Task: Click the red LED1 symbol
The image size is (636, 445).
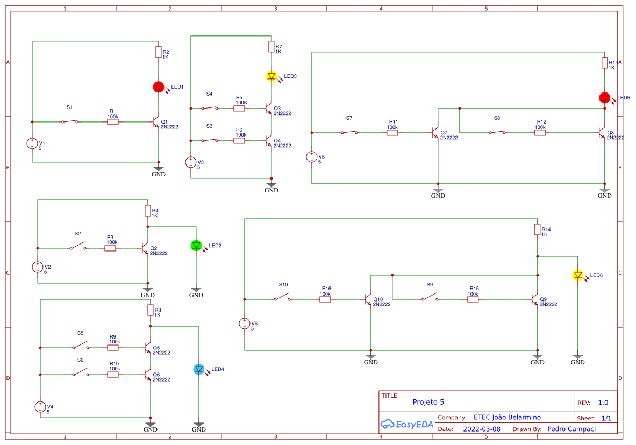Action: pyautogui.click(x=159, y=87)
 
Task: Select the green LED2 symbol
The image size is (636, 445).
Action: pyautogui.click(x=196, y=246)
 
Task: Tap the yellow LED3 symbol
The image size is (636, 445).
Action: pyautogui.click(x=271, y=76)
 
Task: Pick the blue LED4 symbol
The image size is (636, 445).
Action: pyautogui.click(x=199, y=369)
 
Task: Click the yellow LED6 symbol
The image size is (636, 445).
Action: pyautogui.click(x=578, y=275)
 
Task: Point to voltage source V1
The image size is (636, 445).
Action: pyautogui.click(x=32, y=143)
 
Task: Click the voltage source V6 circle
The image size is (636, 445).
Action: pyautogui.click(x=245, y=324)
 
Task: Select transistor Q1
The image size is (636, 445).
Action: pyautogui.click(x=156, y=122)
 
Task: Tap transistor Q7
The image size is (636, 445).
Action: pyautogui.click(x=436, y=133)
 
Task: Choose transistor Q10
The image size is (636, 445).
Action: pyautogui.click(x=368, y=299)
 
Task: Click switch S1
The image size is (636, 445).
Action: pyautogui.click(x=70, y=122)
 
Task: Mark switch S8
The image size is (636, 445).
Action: pyautogui.click(x=497, y=133)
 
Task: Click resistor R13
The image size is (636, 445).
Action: pyautogui.click(x=605, y=63)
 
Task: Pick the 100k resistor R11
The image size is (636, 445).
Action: pyautogui.click(x=392, y=133)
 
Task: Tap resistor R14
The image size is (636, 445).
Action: pyautogui.click(x=538, y=229)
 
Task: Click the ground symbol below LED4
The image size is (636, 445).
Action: pyautogui.click(x=199, y=424)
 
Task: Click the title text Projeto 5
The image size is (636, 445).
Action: pyautogui.click(x=428, y=402)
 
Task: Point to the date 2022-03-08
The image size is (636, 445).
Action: pyautogui.click(x=481, y=429)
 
